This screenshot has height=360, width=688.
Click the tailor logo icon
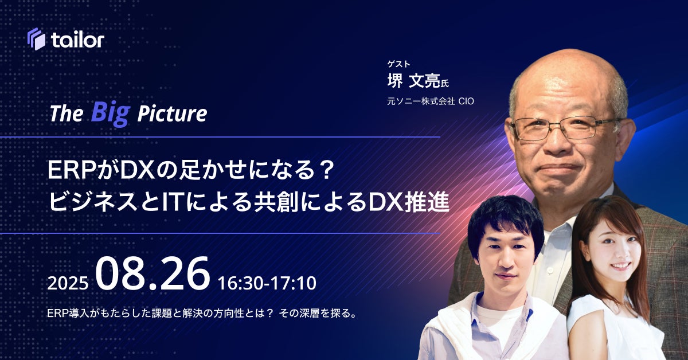click(36, 39)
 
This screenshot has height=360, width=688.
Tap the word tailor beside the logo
click(78, 40)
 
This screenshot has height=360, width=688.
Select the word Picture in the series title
click(173, 114)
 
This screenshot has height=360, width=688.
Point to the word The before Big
click(67, 114)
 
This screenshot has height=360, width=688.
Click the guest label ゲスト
click(398, 64)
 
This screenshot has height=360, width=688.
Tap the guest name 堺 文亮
click(414, 81)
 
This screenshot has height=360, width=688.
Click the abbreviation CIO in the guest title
click(466, 101)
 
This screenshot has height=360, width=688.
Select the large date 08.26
click(153, 273)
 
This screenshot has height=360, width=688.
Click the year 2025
click(68, 283)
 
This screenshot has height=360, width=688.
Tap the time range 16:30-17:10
click(267, 283)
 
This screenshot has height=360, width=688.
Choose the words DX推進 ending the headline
click(409, 202)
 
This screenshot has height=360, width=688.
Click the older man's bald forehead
click(565, 86)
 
